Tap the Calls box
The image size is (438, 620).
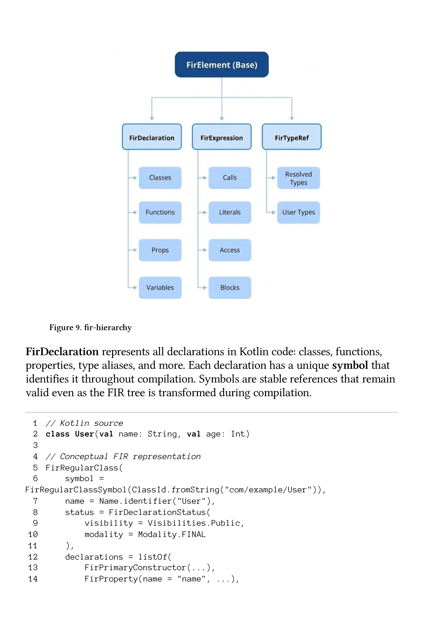click(230, 178)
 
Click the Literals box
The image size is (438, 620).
click(230, 212)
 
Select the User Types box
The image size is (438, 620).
click(299, 212)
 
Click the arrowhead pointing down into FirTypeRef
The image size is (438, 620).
click(291, 119)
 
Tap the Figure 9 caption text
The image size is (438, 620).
click(90, 328)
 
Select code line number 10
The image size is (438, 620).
click(33, 534)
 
